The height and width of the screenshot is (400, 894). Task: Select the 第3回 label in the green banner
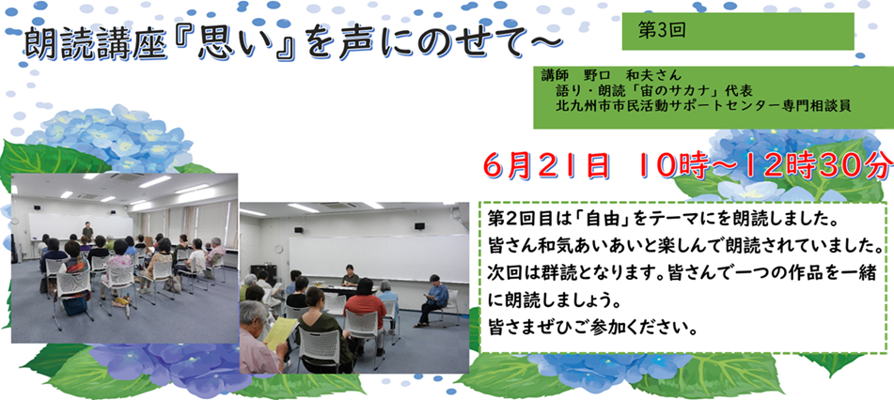coord(662,31)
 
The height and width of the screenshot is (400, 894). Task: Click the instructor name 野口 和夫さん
coord(633,75)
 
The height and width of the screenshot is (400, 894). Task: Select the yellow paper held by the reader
coord(279,333)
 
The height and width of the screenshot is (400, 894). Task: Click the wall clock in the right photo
coord(279,249)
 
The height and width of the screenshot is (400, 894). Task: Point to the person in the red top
coord(365,313)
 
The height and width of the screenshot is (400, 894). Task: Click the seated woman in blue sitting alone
coord(433,300)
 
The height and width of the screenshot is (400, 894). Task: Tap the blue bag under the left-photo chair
coord(74,306)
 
